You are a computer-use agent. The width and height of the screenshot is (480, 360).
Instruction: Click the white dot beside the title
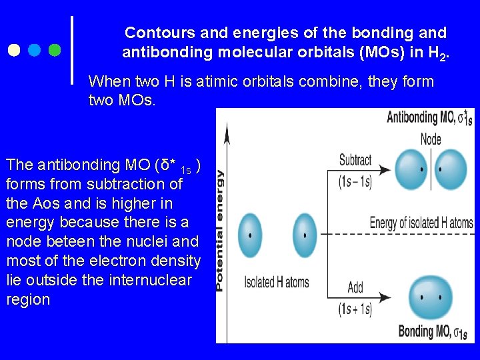click(x=15, y=50)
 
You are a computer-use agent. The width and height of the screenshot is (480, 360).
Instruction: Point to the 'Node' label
click(x=431, y=139)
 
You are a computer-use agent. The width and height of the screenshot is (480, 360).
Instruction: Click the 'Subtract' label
click(x=355, y=160)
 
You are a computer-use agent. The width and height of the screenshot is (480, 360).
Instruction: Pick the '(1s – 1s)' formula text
click(x=355, y=181)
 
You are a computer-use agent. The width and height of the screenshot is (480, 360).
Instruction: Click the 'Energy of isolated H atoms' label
click(x=421, y=223)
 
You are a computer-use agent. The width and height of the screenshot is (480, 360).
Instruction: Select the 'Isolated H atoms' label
click(x=277, y=282)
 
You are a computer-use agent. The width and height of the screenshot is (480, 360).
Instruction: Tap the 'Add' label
click(x=355, y=287)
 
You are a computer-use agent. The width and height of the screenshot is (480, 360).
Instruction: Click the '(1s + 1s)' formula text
click(x=355, y=309)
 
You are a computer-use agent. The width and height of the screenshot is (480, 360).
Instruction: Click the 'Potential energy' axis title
click(x=219, y=230)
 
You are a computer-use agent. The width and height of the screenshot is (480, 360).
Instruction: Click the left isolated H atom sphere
click(x=250, y=235)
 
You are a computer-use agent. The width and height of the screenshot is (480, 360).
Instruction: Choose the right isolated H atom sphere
click(x=305, y=235)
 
